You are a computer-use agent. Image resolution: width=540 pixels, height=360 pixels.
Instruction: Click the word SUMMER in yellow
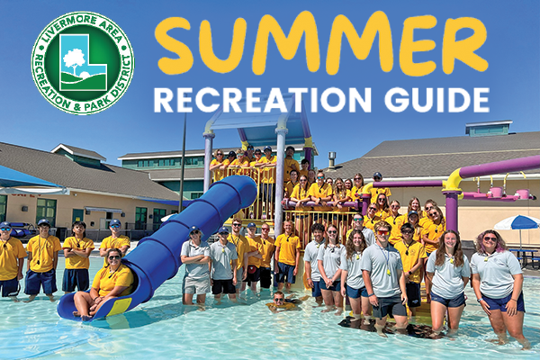(321, 42)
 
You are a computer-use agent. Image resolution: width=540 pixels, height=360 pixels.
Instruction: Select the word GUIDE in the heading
(436, 99)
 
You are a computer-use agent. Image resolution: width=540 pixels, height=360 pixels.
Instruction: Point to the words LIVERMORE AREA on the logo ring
(82, 28)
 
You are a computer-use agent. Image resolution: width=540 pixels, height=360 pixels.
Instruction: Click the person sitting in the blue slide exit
(103, 283)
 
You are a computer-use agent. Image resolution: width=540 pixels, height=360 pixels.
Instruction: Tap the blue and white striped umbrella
(517, 222)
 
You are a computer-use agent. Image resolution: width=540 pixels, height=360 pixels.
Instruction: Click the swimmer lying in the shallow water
(282, 302)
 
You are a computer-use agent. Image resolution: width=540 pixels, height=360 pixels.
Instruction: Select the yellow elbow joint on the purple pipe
(454, 180)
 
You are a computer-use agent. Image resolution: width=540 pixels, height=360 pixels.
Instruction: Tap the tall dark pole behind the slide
(183, 163)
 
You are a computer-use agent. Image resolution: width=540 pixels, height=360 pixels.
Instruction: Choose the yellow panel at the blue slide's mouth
(120, 307)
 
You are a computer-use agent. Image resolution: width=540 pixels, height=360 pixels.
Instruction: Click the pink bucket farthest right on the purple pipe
(522, 193)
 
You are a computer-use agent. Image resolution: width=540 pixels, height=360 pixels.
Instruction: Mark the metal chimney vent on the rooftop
(331, 159)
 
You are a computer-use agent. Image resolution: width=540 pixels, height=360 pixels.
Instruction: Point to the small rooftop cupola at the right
(489, 128)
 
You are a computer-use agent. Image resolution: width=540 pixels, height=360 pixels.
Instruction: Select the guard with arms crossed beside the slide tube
(195, 265)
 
